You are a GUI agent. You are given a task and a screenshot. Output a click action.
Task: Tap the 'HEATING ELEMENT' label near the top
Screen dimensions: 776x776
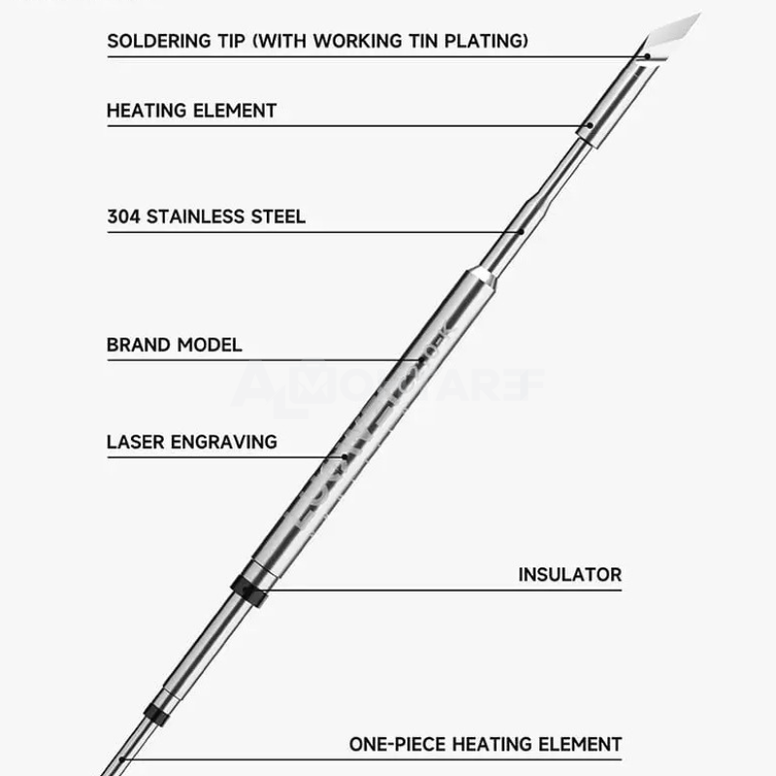(191, 111)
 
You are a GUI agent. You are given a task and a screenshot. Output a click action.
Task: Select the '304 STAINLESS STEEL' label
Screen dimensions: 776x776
(206, 216)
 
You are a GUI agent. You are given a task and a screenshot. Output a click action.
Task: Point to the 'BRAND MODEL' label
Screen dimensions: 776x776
(175, 344)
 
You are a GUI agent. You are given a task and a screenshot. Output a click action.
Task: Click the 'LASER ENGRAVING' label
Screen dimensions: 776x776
(191, 442)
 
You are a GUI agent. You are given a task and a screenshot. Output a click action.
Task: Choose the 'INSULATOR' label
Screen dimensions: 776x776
(569, 574)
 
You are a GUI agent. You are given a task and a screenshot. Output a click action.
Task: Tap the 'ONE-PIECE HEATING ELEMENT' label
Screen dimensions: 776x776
(485, 745)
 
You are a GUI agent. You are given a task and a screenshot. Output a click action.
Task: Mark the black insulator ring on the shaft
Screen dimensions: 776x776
(250, 589)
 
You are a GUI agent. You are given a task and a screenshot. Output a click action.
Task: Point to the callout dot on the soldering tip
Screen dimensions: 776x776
(647, 56)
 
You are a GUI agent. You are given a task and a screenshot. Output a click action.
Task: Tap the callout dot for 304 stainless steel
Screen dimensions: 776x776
(522, 231)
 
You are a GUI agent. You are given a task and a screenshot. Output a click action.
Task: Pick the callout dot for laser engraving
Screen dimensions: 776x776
(343, 456)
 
